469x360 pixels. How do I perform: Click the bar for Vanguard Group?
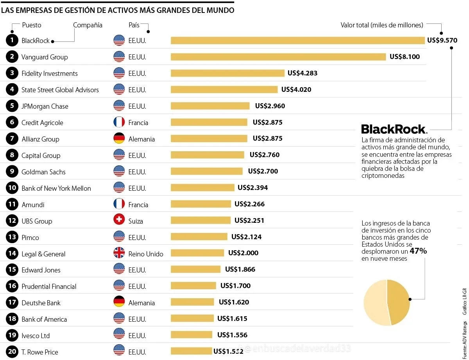click(278, 57)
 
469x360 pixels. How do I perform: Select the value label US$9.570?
click(442, 40)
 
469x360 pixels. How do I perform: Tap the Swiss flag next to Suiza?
click(119, 220)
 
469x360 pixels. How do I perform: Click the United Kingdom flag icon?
click(119, 253)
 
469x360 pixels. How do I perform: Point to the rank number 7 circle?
click(12, 139)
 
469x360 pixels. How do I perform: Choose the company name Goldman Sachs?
click(43, 172)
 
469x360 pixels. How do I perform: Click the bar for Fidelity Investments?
click(227, 73)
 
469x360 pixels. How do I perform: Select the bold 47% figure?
click(418, 251)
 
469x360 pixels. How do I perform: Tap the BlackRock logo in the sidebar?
click(394, 129)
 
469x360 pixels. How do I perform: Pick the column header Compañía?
click(88, 25)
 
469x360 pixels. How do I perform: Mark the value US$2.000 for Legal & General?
click(243, 253)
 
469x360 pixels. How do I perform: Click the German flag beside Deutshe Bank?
click(119, 302)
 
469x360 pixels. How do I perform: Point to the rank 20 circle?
click(12, 352)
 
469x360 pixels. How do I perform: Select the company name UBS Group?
click(37, 221)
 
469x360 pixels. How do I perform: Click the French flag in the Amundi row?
click(119, 204)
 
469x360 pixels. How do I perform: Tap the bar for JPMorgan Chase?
click(210, 106)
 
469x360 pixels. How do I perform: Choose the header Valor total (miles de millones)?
click(381, 25)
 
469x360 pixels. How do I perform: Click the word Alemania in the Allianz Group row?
click(141, 139)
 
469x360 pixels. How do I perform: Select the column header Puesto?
click(31, 25)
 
